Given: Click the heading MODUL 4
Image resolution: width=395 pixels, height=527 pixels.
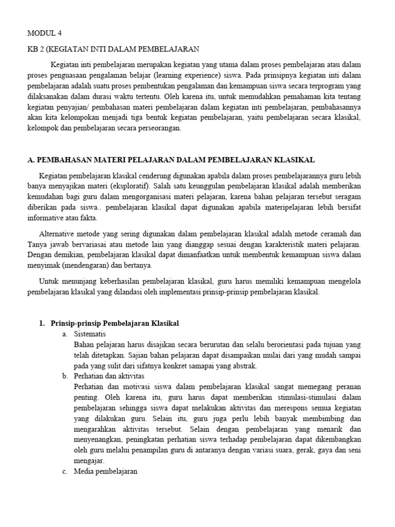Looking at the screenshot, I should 44,33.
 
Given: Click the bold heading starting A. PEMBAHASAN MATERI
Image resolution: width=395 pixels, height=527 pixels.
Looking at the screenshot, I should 171,160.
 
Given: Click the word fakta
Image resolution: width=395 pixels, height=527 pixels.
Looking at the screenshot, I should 88,218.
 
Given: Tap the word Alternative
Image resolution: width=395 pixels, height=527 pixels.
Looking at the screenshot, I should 58,233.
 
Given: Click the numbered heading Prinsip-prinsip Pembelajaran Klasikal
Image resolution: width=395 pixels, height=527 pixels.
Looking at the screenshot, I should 115,323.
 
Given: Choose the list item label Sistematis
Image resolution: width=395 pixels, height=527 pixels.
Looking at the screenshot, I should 90,334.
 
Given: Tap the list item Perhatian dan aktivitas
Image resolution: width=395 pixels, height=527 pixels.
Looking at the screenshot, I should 109,376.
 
